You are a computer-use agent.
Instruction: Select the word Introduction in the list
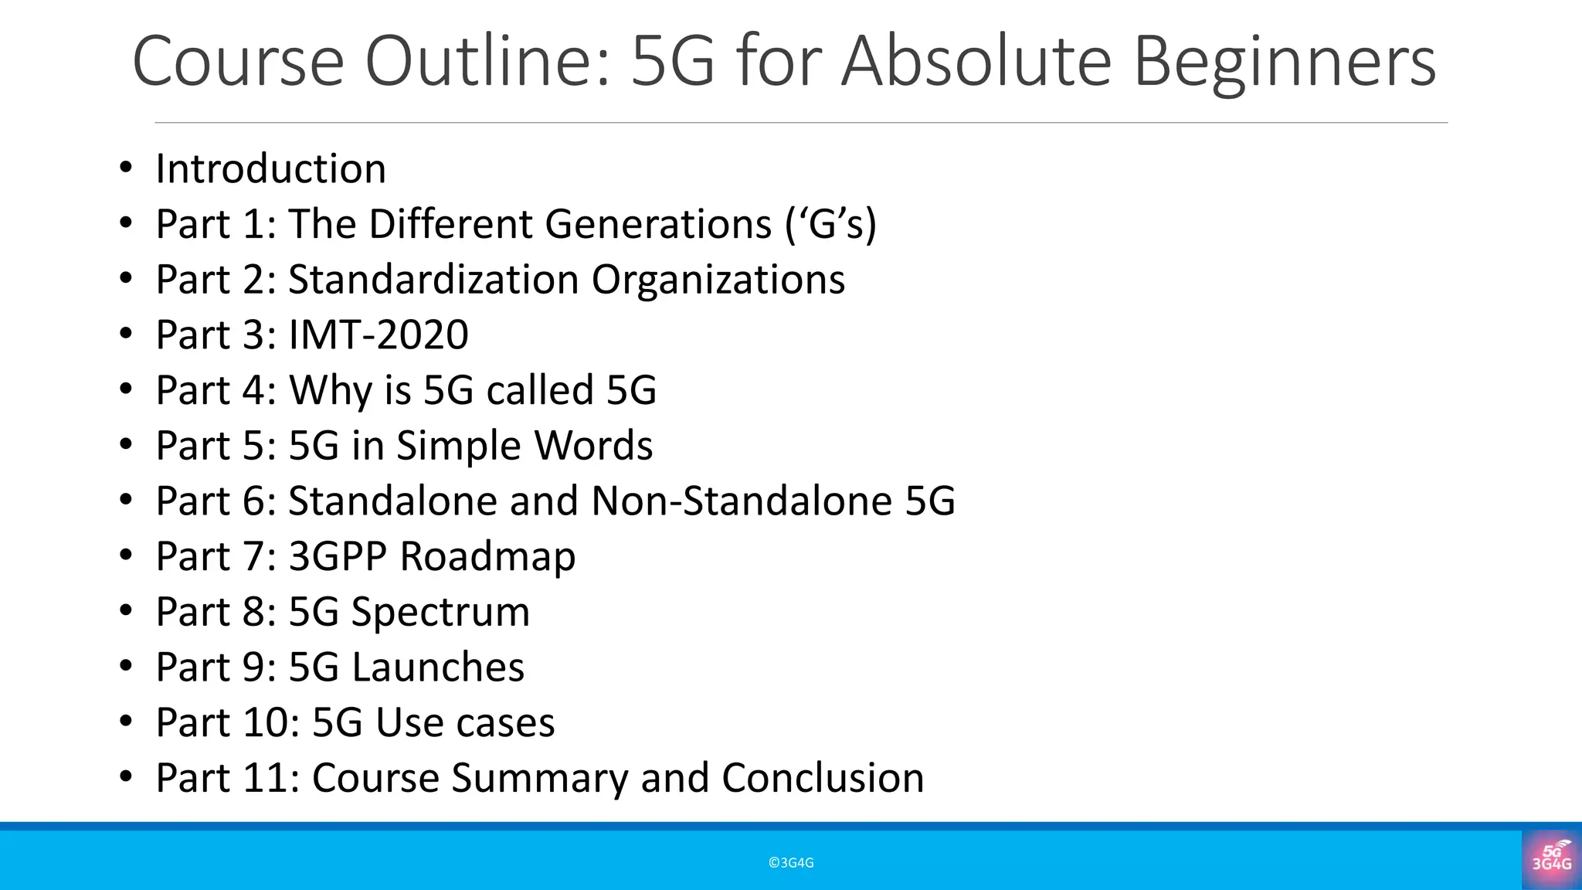coord(270,168)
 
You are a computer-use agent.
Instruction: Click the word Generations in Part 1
coord(658,224)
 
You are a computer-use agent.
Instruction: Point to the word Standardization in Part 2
coord(433,280)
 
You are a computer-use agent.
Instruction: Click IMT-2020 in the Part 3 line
coord(379,335)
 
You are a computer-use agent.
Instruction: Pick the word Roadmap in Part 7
coord(487,557)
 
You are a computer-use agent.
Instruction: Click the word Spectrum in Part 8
coord(440,613)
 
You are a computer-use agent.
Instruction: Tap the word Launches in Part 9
coord(438,667)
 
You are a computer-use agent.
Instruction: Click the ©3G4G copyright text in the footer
coord(791,863)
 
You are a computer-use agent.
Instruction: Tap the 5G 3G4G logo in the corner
coord(1551,857)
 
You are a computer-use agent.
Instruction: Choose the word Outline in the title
coord(488,62)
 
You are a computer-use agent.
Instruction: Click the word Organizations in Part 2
coord(718,280)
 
